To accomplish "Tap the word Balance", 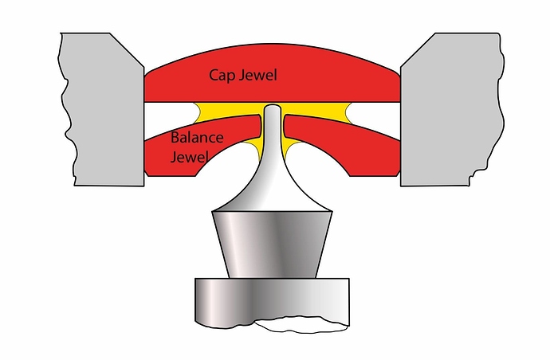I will pyautogui.click(x=197, y=138).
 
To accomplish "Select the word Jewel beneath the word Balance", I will pyautogui.click(x=189, y=156).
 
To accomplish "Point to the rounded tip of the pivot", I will pyautogui.click(x=273, y=108).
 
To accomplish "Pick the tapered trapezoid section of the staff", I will pyautogui.click(x=272, y=243).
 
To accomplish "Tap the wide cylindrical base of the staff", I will pyautogui.click(x=271, y=299).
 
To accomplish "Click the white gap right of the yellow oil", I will pyautogui.click(x=375, y=114).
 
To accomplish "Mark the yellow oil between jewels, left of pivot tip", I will pyautogui.click(x=231, y=109).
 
